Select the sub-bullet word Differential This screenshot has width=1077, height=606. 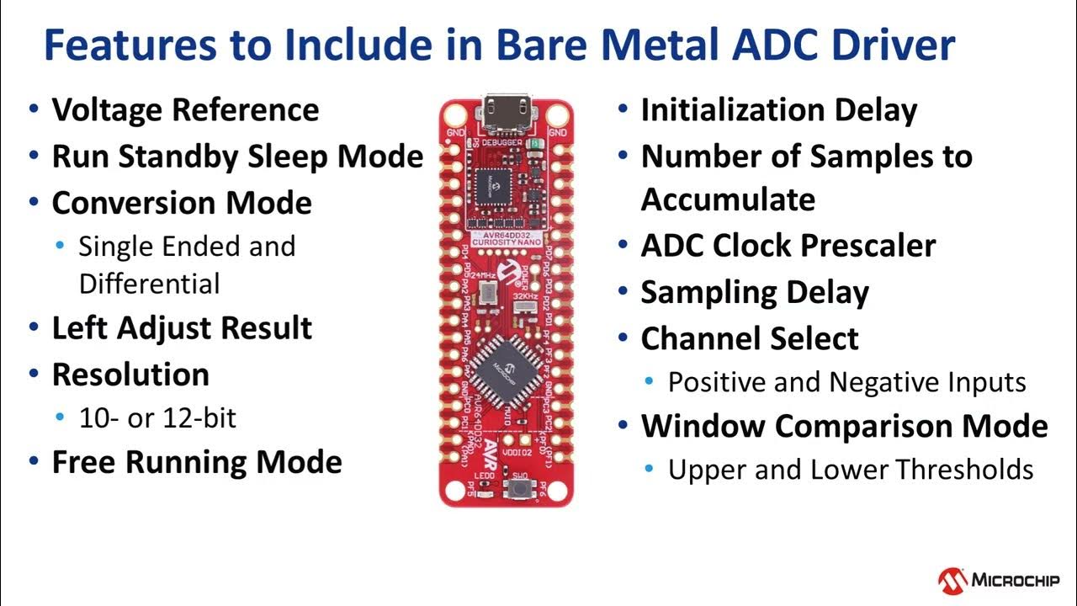(149, 284)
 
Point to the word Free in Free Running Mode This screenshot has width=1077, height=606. (85, 462)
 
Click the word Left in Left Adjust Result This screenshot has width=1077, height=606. (80, 328)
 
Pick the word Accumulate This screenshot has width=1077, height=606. (728, 200)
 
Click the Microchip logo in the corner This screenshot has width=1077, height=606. (999, 580)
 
